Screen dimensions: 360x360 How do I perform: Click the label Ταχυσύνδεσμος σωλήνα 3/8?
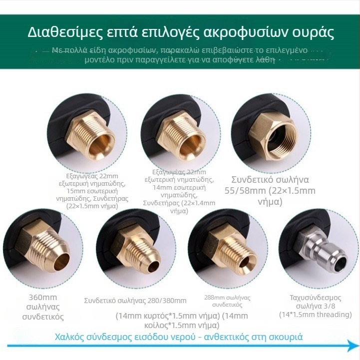(x=315, y=303)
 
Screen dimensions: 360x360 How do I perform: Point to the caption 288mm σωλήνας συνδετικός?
(x=227, y=301)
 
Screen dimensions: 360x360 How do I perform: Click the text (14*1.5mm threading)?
(x=315, y=315)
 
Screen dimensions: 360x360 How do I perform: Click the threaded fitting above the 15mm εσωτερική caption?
(x=97, y=132)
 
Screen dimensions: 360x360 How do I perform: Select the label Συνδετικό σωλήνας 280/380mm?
(x=135, y=301)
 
